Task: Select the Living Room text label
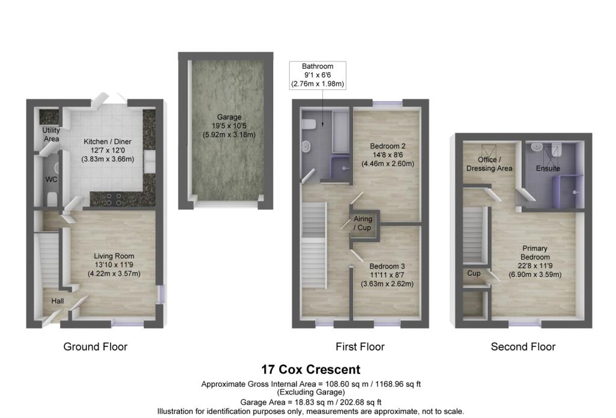point(114,265)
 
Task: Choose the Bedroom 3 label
point(387,275)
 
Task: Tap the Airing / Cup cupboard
point(363,223)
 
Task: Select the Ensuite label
point(548,169)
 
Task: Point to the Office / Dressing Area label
point(490,164)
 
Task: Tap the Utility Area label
point(51,134)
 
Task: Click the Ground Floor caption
point(96,346)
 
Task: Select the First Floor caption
point(360,346)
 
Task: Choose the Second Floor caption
point(523,346)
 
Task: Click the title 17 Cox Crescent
point(310,369)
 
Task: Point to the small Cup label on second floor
point(474,273)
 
